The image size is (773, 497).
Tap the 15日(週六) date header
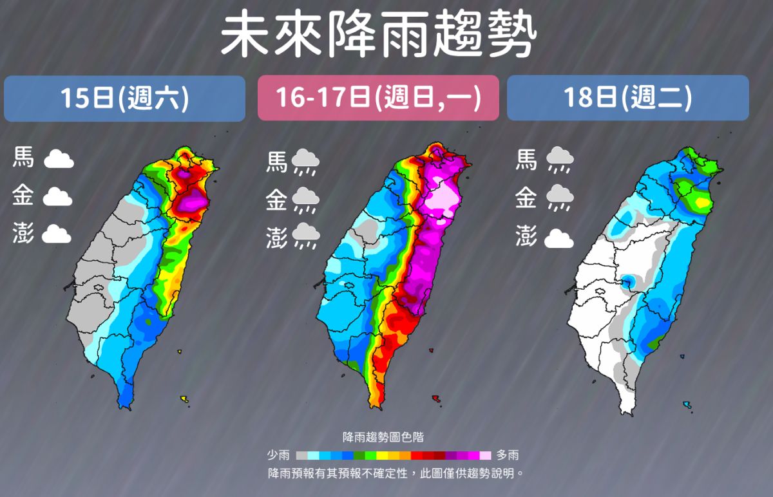point(124,98)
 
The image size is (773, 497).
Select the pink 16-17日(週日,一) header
point(378,98)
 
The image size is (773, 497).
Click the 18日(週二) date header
point(627,98)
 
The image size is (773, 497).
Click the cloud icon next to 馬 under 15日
point(59,159)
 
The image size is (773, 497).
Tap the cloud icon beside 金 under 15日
point(57,197)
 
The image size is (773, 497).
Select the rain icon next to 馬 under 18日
point(560,160)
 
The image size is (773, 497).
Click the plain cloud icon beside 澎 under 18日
point(558,239)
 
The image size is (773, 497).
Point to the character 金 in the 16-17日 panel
point(277,201)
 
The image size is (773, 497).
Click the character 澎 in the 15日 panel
point(23,234)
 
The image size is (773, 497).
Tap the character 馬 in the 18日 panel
point(526,159)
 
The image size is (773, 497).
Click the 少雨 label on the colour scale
point(278,455)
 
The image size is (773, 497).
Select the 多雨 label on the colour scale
point(507,455)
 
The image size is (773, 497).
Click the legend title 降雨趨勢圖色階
point(383,437)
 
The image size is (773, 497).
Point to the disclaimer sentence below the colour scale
point(394,473)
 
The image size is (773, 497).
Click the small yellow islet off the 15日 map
point(185,400)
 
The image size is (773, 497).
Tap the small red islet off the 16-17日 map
point(436,398)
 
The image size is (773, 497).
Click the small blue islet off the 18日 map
point(687,405)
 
